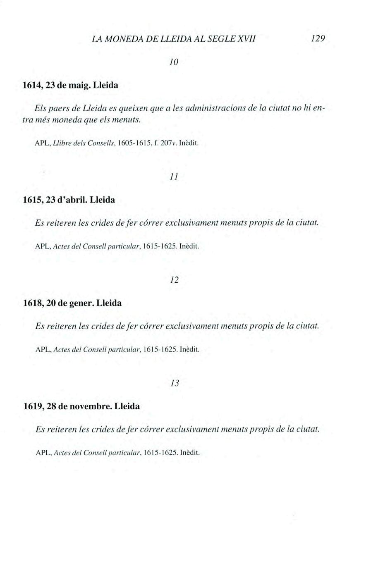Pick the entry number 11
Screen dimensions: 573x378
pyautogui.click(x=174, y=177)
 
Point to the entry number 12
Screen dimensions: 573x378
pyautogui.click(x=174, y=280)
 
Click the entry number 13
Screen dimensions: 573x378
pyautogui.click(x=175, y=383)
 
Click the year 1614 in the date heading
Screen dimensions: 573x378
pyautogui.click(x=33, y=86)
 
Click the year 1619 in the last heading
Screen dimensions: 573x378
pyautogui.click(x=33, y=406)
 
